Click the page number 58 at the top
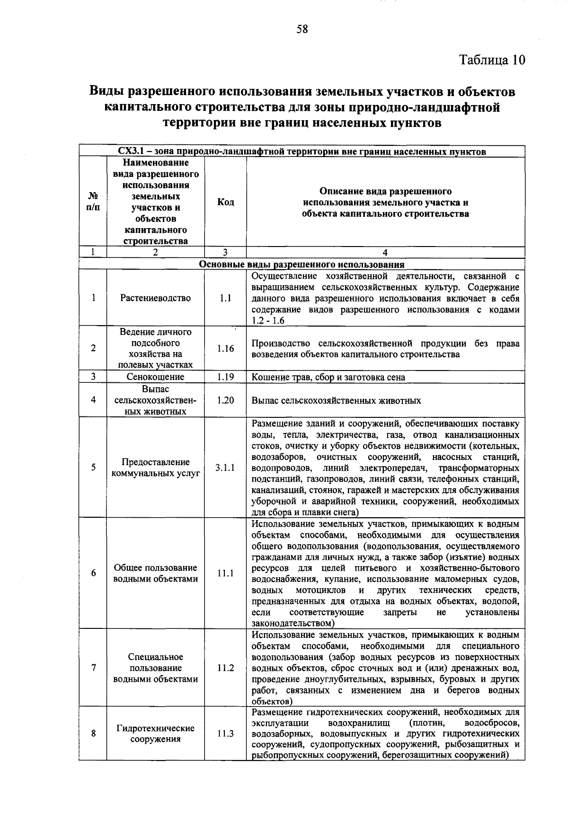tap(302, 29)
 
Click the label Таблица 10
tap(492, 60)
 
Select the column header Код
tap(225, 202)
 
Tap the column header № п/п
tap(93, 202)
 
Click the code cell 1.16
tap(225, 349)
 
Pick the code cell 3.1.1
tap(225, 468)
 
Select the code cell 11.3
tap(225, 734)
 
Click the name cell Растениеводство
tap(155, 298)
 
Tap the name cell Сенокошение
tap(155, 377)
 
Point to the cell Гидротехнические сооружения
tap(155, 734)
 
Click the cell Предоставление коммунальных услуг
tap(155, 468)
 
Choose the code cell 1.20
tap(225, 400)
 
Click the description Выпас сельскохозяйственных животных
tap(336, 401)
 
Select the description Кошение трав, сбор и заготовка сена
tap(328, 377)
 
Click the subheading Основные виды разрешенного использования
tap(302, 265)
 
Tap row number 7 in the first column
tap(94, 668)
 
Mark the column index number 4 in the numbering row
tap(385, 253)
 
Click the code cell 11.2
tap(225, 668)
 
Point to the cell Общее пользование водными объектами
tap(155, 574)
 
